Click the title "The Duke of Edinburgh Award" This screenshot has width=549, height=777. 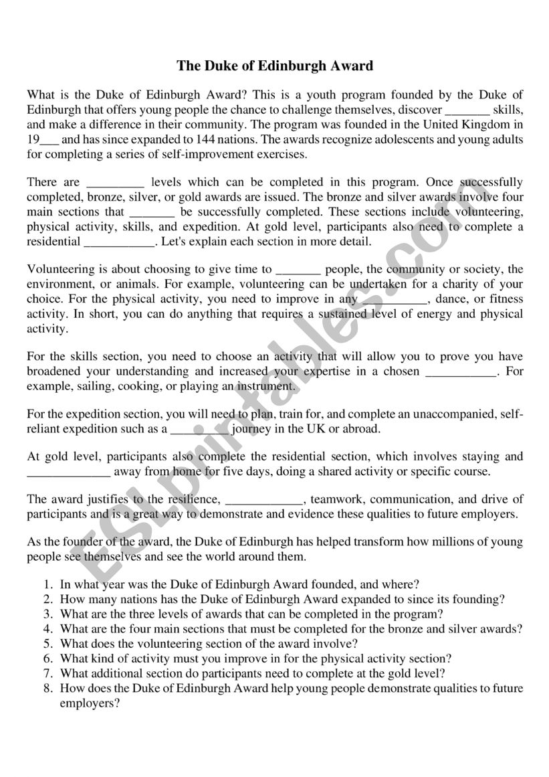[274, 66]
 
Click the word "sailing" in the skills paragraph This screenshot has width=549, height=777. [86, 386]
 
